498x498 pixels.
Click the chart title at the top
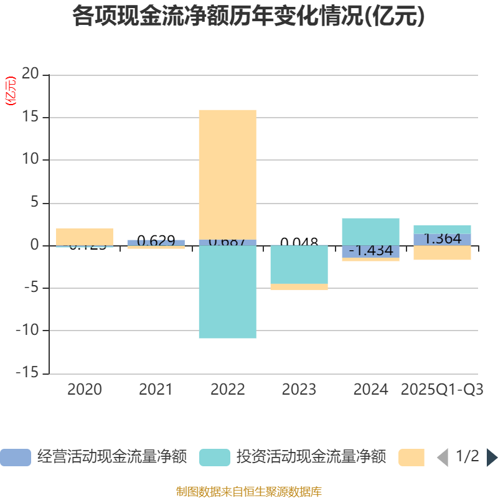[248, 17]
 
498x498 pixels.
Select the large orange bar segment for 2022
[227, 174]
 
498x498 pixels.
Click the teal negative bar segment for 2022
[227, 292]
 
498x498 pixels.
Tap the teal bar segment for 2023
[299, 265]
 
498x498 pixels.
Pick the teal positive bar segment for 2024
[370, 231]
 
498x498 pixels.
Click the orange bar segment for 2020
[85, 236]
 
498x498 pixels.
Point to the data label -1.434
[370, 251]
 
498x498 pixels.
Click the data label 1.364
[442, 239]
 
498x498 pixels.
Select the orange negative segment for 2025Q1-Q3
[442, 253]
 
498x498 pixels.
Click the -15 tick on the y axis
[27, 374]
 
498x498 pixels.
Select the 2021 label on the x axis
[156, 390]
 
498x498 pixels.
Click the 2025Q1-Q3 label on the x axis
[442, 390]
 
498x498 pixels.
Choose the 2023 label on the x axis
[299, 390]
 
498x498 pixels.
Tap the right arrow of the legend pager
[492, 458]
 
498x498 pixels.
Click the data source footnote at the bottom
[248, 492]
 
